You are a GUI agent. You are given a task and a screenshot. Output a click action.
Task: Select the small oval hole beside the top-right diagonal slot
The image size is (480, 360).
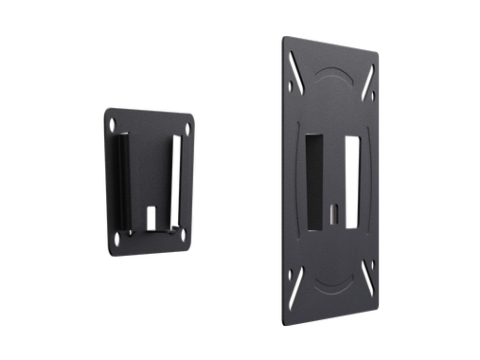click(x=371, y=98)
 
